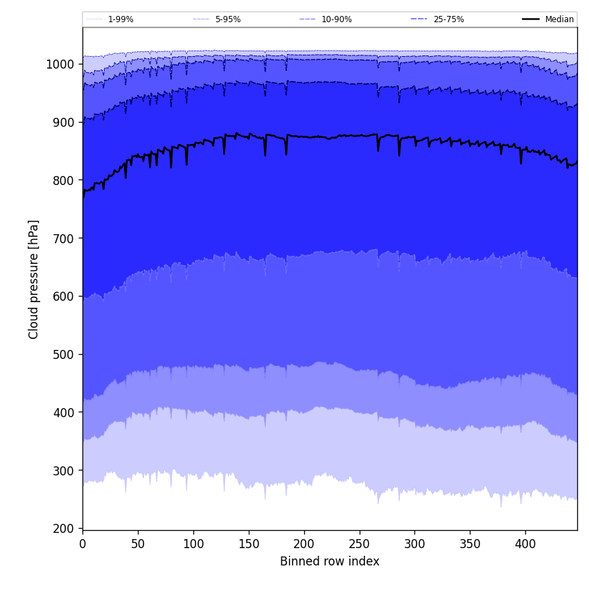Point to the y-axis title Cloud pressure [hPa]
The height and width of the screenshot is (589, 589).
pos(34,279)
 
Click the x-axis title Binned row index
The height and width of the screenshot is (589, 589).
pos(330,561)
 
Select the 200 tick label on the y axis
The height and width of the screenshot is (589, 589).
pos(64,529)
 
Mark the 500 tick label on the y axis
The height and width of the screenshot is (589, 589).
pos(64,354)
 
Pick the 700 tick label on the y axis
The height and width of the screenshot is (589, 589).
pos(64,238)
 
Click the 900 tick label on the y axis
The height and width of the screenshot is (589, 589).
pos(64,123)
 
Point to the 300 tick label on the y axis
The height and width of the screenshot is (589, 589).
pos(64,471)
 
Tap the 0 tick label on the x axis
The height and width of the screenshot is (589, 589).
pos(82,545)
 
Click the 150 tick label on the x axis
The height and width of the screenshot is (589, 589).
pos(249,545)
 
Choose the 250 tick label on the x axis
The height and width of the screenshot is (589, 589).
pos(360,545)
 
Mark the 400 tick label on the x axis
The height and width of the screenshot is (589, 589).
pos(525,545)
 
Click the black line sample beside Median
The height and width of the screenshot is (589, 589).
pos(531,19)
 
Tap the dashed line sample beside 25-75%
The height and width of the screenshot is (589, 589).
pos(419,19)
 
